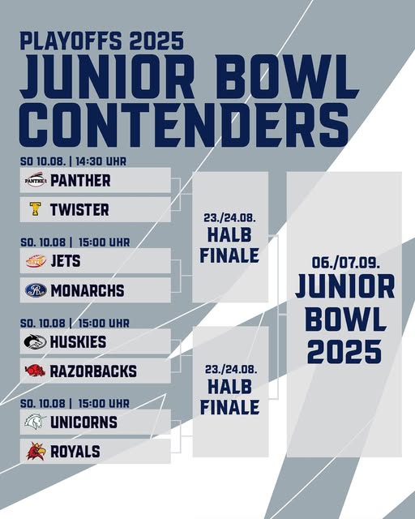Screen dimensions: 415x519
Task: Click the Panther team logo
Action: pos(36,180)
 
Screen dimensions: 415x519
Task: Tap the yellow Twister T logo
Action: pos(35,209)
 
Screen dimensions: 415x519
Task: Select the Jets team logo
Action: pos(36,261)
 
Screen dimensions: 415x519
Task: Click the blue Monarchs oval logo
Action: pos(36,290)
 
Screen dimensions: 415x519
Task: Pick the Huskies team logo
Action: pos(35,341)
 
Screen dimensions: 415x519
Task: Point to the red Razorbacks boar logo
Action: pos(35,371)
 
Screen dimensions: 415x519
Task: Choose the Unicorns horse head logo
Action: pos(35,422)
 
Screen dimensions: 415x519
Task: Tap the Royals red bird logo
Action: pos(36,451)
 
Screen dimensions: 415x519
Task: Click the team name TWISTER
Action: pos(79,210)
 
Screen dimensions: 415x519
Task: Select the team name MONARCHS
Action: pos(88,290)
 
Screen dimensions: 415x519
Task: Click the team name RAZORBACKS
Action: pos(93,371)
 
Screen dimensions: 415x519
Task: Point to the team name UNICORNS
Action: pos(83,422)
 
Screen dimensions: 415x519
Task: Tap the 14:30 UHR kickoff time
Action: pos(101,161)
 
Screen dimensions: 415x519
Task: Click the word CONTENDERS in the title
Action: pos(184,126)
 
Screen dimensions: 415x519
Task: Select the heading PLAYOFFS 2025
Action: pos(102,41)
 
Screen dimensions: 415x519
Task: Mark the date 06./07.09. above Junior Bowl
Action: pos(345,263)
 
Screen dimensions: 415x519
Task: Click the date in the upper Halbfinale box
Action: pos(229,218)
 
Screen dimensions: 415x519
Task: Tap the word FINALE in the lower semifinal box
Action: pos(229,407)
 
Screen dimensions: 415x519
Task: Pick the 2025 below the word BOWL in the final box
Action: pos(344,351)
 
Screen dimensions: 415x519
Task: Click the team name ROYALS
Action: pos(75,452)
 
